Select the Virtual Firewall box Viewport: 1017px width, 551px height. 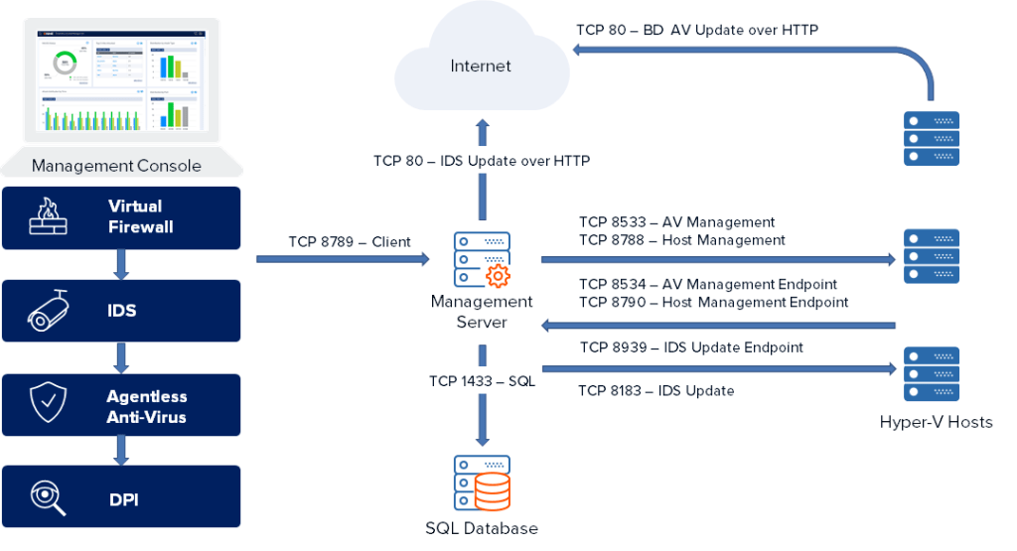point(121,217)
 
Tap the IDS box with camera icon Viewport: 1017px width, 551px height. point(121,311)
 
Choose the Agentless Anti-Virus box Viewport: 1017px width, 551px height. point(121,405)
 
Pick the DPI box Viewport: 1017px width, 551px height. point(121,497)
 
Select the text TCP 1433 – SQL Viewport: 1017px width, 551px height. point(482,380)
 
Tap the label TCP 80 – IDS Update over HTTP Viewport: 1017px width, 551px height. point(482,160)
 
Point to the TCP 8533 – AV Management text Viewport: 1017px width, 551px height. point(676,222)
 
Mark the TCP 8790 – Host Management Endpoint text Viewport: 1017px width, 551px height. point(713,303)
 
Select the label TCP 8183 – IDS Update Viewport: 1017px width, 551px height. point(656,391)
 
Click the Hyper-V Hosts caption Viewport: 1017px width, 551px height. point(936,422)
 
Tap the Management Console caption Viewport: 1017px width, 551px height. point(116,166)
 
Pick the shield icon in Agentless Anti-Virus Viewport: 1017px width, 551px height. point(49,405)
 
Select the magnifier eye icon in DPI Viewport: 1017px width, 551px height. point(49,497)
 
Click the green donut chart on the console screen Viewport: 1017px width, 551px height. point(65,63)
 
